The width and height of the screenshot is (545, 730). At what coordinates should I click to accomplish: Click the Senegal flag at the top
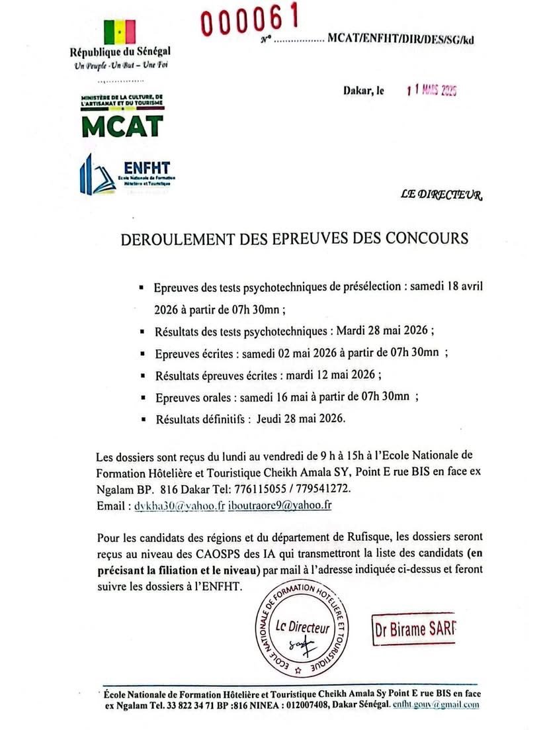click(120, 31)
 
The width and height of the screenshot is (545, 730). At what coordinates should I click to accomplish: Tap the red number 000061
click(250, 21)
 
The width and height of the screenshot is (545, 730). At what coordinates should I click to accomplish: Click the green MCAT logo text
click(122, 125)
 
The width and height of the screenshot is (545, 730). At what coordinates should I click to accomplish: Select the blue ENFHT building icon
click(98, 173)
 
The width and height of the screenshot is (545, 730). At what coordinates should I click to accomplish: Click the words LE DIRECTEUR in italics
click(442, 195)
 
